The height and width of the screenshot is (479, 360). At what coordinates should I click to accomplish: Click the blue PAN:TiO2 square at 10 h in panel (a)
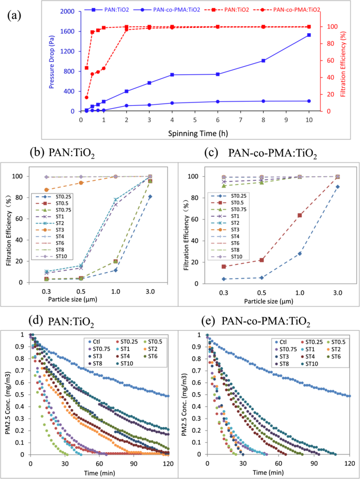point(308,35)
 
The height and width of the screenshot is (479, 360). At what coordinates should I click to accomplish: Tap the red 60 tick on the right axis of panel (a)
point(329,60)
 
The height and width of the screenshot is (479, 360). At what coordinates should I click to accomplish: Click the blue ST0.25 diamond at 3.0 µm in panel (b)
point(150,197)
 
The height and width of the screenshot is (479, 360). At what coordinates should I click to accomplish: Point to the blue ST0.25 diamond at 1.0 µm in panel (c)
point(300,253)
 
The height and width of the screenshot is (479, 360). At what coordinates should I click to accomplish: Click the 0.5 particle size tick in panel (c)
point(261,293)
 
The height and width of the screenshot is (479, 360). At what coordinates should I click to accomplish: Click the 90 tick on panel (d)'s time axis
point(134,464)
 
